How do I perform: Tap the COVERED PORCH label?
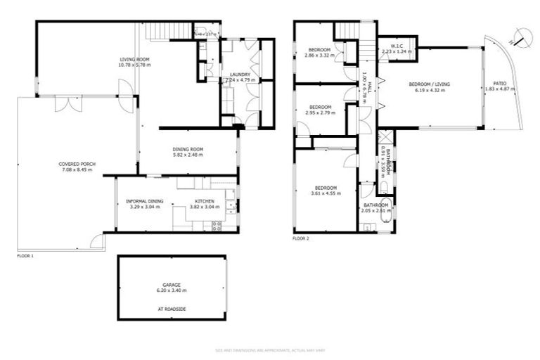(x=77, y=164)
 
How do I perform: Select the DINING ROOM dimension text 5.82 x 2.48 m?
(x=188, y=154)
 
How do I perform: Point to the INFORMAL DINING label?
(x=144, y=201)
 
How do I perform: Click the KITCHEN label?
(x=205, y=201)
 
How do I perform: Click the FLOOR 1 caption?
(x=25, y=256)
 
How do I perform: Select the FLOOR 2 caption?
(x=301, y=238)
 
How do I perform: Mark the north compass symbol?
(x=519, y=36)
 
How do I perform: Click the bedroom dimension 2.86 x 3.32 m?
(x=320, y=54)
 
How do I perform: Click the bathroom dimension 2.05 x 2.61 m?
(x=375, y=210)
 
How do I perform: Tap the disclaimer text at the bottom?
(x=270, y=349)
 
